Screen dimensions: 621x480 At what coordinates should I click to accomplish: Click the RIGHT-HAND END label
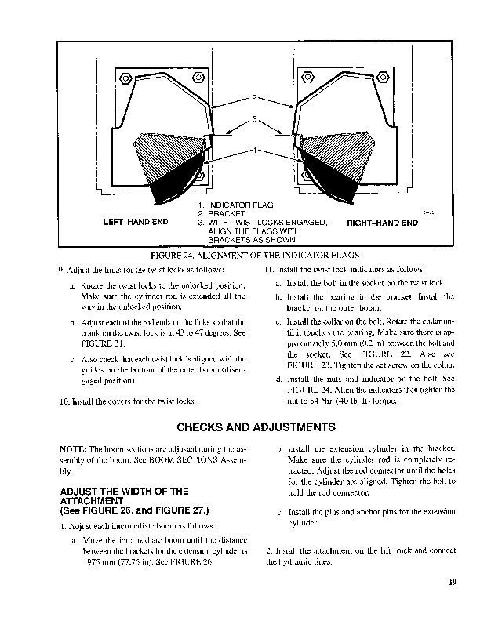(382, 223)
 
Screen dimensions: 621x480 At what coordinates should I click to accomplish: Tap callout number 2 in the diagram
(253, 98)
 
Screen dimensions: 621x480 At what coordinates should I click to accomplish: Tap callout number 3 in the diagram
(253, 118)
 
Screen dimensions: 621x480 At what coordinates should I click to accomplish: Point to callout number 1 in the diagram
(253, 149)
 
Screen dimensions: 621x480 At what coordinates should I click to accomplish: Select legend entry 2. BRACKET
(223, 214)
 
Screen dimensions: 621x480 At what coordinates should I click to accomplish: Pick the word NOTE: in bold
(73, 448)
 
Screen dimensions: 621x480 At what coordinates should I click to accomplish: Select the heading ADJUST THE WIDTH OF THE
(125, 492)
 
